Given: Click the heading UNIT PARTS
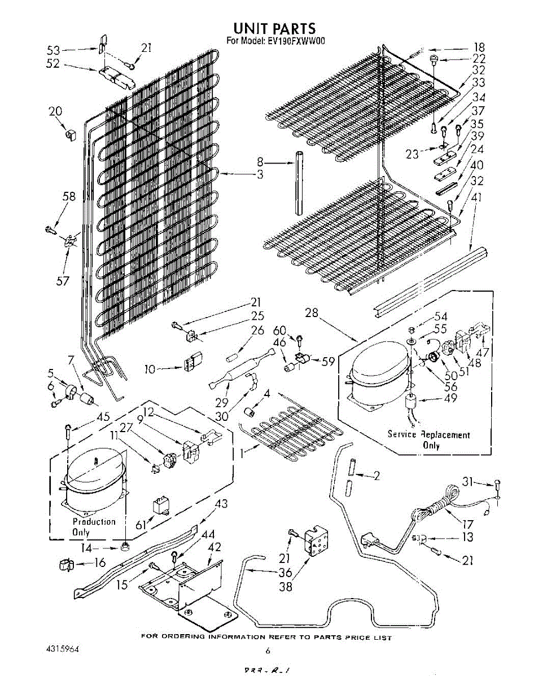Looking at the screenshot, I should point(274,28).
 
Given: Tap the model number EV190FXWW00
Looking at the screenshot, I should point(292,41).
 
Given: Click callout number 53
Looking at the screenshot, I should point(53,51).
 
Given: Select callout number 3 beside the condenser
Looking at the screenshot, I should point(260,174).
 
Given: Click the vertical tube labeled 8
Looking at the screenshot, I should point(299,181).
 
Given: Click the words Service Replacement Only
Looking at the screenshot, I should point(428,439).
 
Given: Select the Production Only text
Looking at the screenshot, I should point(93,527).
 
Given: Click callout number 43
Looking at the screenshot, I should point(221,504).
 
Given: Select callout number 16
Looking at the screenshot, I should point(100,562).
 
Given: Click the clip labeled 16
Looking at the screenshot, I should point(67,564).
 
